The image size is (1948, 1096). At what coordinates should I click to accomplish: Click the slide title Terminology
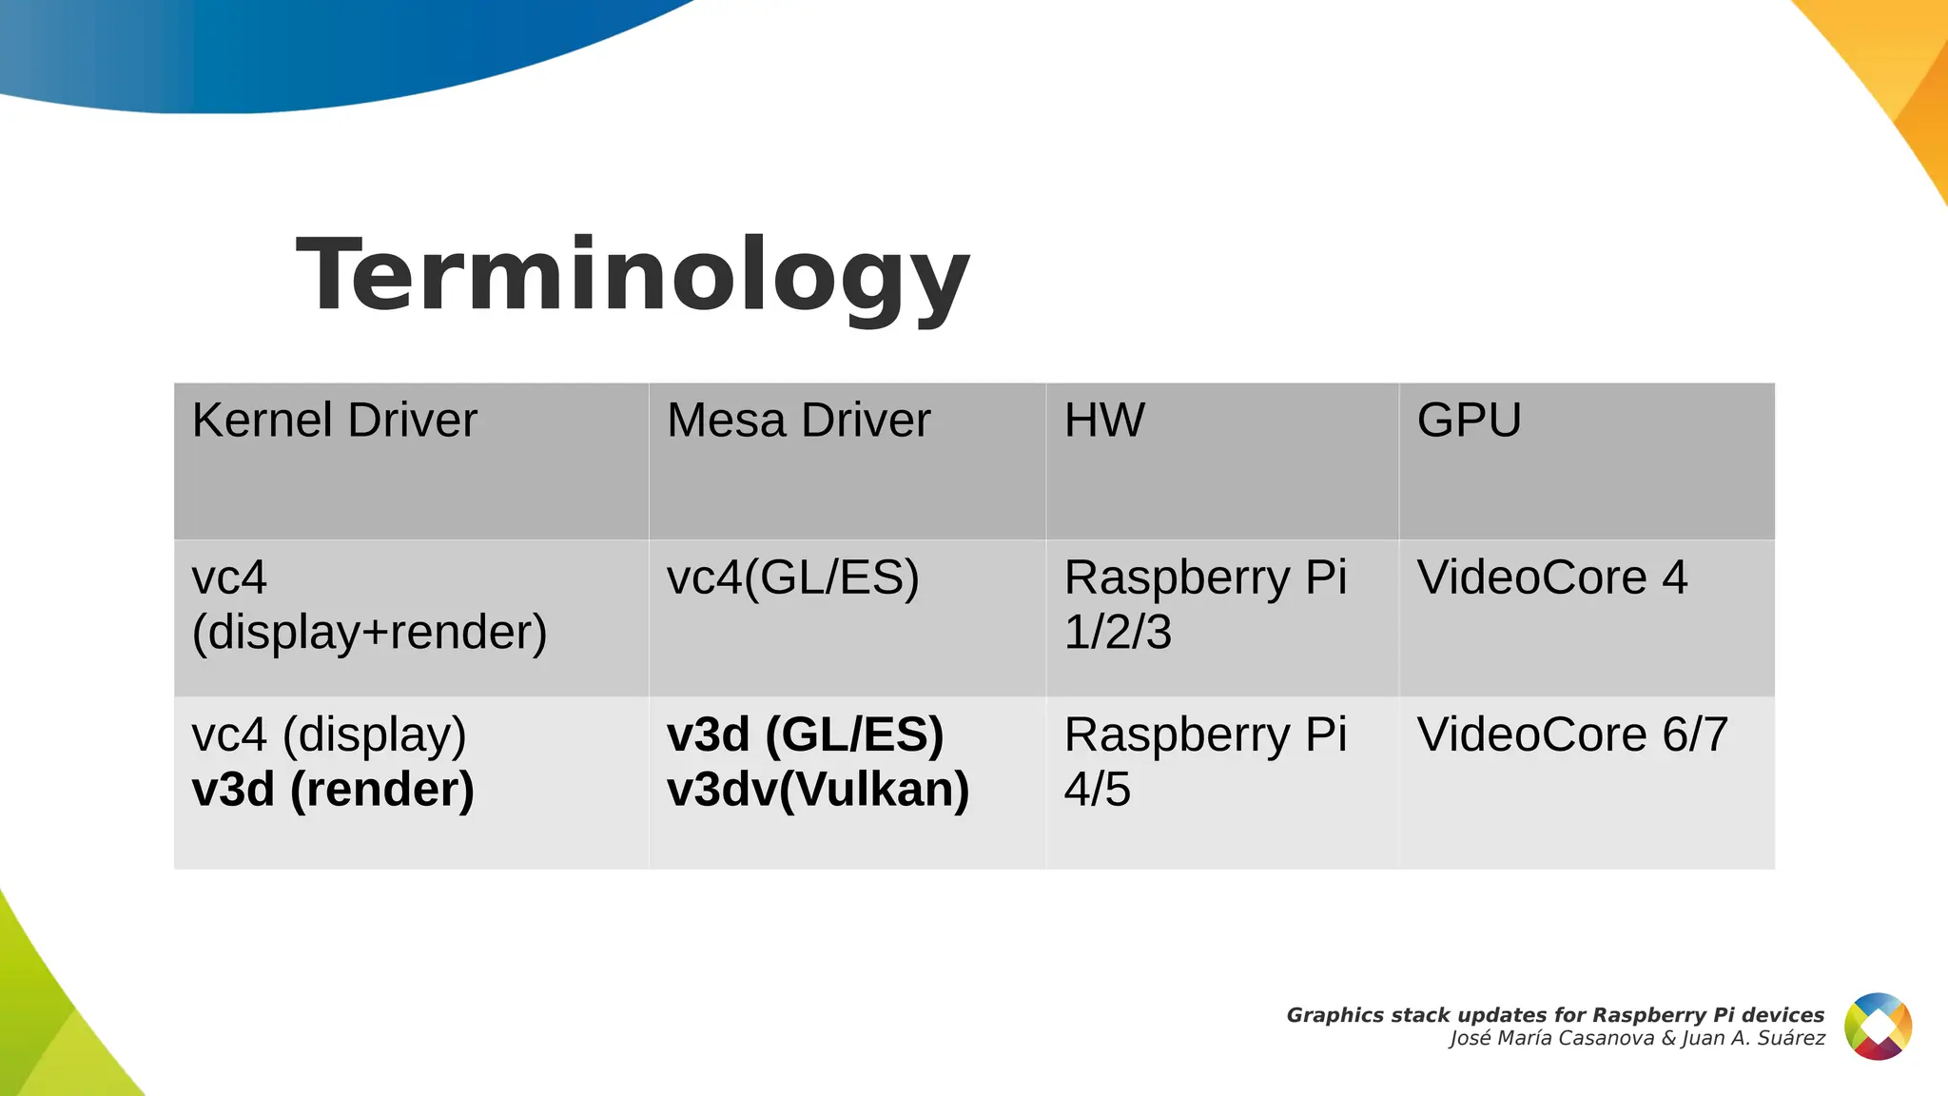633,276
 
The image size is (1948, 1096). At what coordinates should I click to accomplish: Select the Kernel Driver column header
334,421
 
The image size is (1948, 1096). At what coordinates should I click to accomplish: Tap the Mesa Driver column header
798,421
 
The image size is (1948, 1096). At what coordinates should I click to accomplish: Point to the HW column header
1104,421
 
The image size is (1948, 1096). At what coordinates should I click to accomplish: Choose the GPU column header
1469,421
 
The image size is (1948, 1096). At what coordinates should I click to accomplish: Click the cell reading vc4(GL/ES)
792,577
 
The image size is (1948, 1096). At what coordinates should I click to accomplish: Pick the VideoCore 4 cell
1551,577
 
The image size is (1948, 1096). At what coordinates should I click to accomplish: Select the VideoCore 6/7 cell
1571,734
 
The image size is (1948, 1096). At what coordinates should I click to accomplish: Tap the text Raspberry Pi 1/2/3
1205,604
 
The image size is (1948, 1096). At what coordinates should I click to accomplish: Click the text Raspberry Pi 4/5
1205,761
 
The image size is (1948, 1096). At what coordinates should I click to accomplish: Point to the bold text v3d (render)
333,790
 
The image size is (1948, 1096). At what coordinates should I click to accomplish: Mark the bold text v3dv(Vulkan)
818,790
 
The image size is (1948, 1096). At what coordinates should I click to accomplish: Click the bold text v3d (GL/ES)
805,734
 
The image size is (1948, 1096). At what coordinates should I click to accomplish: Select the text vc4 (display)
329,734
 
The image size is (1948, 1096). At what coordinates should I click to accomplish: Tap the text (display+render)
369,633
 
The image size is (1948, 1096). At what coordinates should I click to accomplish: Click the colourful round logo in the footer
1878,1027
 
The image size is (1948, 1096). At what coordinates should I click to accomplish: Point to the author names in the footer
1637,1039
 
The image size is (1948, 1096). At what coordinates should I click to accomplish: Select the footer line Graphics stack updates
1555,1015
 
